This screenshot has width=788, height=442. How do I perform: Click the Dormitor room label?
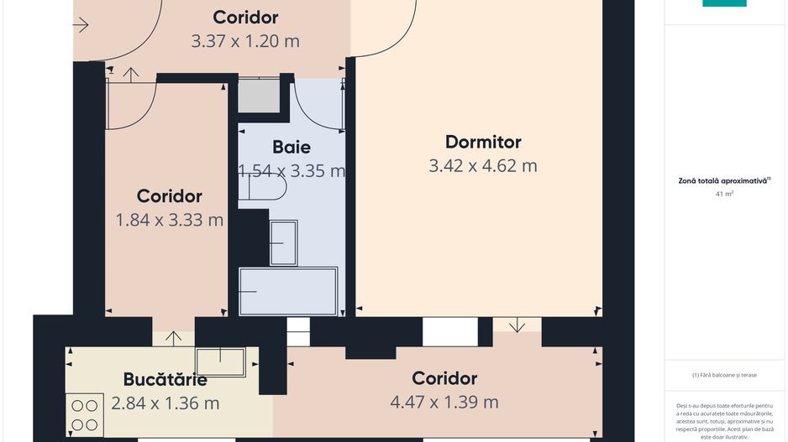[x=482, y=142]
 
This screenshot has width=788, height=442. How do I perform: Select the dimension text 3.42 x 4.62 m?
[x=482, y=165]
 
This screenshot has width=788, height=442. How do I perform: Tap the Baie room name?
[x=291, y=148]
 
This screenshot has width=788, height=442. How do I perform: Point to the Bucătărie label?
[x=165, y=378]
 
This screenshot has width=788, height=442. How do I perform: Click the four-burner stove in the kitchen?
[x=85, y=413]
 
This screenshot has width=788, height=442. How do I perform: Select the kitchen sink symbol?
[x=220, y=361]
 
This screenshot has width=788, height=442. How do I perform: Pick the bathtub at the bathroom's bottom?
[x=288, y=291]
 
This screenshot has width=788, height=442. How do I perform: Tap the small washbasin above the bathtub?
[x=283, y=242]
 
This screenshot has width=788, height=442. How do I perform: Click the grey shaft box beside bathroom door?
[x=259, y=96]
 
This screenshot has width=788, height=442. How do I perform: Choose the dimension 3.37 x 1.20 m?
[x=245, y=39]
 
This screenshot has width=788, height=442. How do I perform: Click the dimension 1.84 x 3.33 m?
[x=169, y=220]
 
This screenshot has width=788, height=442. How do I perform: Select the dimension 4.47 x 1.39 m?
[x=444, y=402]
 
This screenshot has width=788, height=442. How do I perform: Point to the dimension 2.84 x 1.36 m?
[x=165, y=403]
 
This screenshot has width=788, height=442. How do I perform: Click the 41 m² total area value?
[x=724, y=194]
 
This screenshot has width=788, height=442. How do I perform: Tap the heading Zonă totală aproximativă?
[x=724, y=180]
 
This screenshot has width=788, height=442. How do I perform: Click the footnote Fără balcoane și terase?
[x=724, y=375]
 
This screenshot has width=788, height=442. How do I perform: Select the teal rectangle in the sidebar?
[x=724, y=3]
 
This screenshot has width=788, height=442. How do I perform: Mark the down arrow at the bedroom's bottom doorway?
[x=517, y=325]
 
